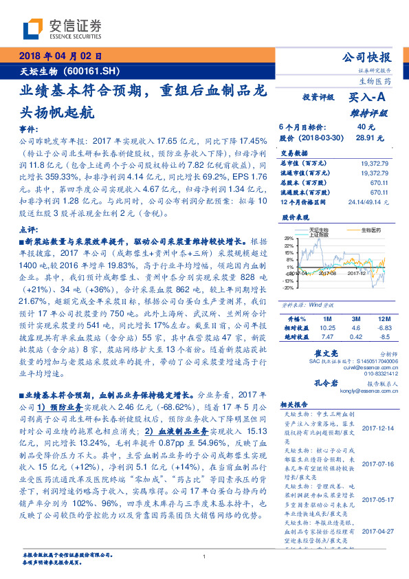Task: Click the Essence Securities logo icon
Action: click(x=34, y=29)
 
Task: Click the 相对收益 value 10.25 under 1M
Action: click(x=328, y=329)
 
